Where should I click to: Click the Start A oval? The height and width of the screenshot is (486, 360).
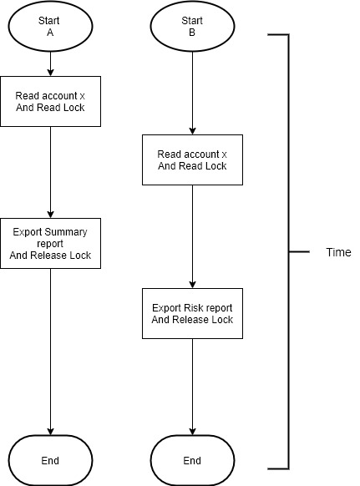50,26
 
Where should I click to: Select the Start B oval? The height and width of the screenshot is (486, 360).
192,26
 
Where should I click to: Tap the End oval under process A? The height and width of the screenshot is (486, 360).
50,460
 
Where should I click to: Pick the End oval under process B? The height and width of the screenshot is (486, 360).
192,460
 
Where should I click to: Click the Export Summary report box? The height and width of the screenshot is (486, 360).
51,243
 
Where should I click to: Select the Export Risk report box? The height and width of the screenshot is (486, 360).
192,313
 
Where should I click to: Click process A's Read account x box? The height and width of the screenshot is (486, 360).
51,101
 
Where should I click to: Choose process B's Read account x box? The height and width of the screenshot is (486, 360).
192,160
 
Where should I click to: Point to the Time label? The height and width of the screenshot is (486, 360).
338,252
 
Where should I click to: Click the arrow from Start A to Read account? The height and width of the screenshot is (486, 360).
50,63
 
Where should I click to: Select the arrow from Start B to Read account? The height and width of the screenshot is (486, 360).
192,93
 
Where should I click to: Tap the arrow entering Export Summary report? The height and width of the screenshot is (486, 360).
50,172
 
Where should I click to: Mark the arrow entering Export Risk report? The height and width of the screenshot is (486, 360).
192,237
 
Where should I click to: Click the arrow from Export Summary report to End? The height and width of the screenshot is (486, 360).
50,352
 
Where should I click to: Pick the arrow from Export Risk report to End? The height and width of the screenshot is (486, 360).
192,387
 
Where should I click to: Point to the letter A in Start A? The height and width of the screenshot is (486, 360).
50,33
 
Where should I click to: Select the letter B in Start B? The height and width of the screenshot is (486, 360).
192,33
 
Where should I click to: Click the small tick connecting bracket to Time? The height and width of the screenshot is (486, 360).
299,251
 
